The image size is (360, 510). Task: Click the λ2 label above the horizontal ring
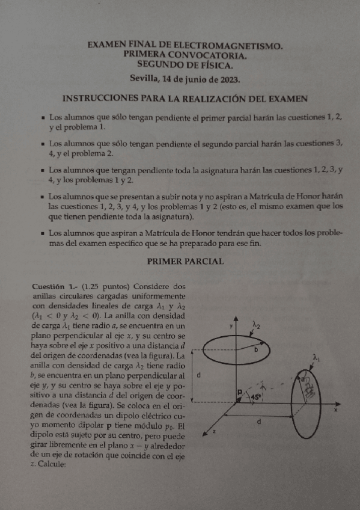[x=257, y=325]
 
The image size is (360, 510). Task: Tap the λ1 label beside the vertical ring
[x=317, y=357]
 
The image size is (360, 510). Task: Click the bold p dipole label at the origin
[x=239, y=392]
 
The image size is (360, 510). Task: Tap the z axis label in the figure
[x=215, y=432]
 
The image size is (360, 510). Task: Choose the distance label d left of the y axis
[x=199, y=374]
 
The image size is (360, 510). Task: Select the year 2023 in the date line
[x=227, y=79]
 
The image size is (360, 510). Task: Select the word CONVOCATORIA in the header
[x=202, y=54]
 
